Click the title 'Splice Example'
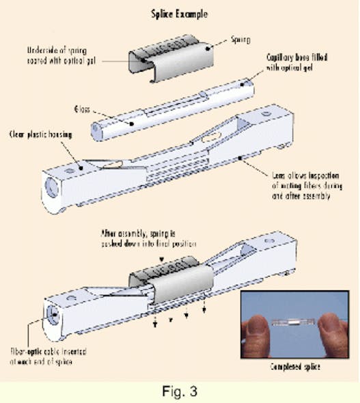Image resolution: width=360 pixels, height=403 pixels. pos(180,12)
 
